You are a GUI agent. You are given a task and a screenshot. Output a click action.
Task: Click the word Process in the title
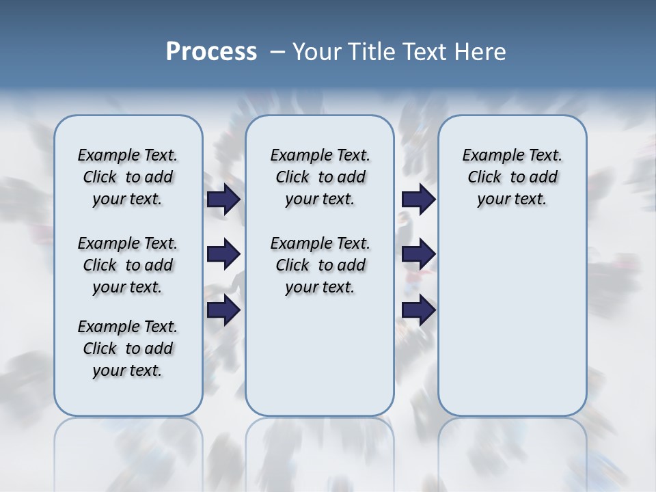211,51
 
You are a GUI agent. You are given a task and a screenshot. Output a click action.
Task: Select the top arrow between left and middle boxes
223,200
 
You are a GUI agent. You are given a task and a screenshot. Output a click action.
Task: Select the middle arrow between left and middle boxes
223,254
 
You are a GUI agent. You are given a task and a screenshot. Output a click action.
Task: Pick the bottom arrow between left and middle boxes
223,310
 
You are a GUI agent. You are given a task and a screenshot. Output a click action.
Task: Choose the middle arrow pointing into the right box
418,254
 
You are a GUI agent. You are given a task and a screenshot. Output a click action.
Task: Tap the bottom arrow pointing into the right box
418,310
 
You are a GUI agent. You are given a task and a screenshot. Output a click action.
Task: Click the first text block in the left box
128,177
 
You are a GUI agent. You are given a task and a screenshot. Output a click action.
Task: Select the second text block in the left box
128,265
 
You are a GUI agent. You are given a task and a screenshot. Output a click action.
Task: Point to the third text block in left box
128,348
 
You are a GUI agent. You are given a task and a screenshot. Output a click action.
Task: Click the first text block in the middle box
320,177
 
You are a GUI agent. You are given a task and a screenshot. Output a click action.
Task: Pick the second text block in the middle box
320,265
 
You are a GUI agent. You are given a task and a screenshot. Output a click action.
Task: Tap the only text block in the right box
512,177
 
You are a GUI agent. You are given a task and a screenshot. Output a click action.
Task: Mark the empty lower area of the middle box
320,355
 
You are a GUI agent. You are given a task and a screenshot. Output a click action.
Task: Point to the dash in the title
277,52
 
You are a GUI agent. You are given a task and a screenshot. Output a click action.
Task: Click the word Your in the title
317,52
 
